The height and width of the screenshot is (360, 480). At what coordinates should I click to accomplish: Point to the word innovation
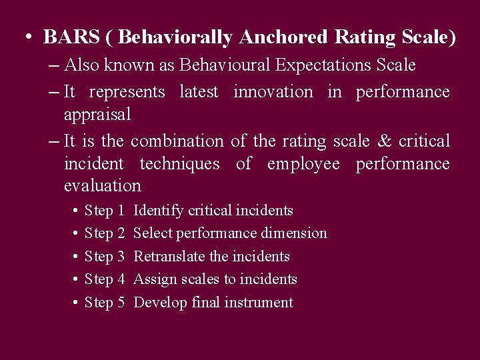coord(273,91)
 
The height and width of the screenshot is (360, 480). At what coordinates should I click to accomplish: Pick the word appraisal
coord(97,115)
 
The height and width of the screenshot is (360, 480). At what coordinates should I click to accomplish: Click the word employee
coord(303,163)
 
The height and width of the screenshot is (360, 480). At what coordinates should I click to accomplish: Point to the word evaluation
coord(102,186)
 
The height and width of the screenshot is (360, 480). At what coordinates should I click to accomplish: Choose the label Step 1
coord(105,211)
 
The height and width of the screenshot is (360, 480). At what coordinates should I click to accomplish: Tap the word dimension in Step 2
coord(296,233)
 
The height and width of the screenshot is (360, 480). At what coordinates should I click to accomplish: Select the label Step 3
coord(105,257)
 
